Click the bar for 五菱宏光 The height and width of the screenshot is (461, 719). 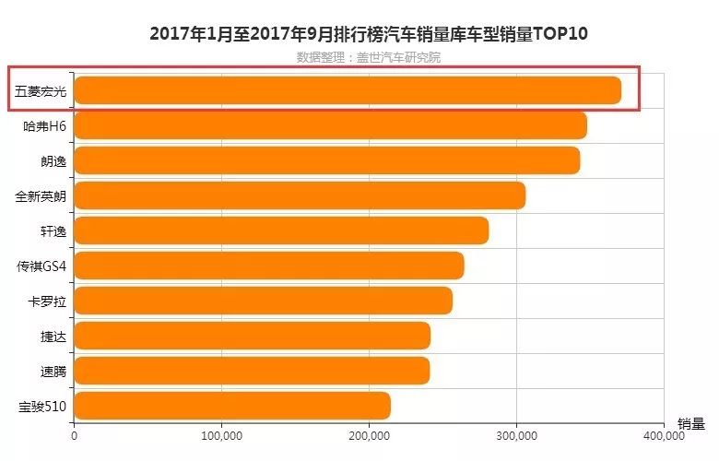[x=348, y=90]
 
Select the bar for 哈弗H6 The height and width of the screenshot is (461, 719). [x=331, y=125]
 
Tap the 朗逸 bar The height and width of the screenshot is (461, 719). [x=327, y=160]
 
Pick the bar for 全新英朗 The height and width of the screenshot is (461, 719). [x=300, y=195]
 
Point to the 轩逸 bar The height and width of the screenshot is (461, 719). [x=281, y=230]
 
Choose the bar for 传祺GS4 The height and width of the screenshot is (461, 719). [x=269, y=266]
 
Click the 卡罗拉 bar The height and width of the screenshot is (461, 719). [x=264, y=301]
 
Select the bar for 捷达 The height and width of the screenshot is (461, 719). [x=253, y=336]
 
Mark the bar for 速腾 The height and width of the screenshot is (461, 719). [x=252, y=371]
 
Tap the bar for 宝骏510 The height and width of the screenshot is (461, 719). [x=232, y=406]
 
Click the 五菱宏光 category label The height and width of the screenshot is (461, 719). [x=41, y=91]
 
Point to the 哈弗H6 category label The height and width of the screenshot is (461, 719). [x=45, y=126]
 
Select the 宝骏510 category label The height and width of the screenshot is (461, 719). [x=42, y=407]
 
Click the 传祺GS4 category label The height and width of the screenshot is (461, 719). [x=41, y=266]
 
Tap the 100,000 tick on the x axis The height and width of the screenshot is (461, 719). [x=222, y=436]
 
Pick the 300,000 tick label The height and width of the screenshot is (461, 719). [x=517, y=436]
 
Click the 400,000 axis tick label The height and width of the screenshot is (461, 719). [x=664, y=436]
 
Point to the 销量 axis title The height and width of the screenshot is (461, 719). [x=691, y=424]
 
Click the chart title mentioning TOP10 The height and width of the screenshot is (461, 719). [x=369, y=34]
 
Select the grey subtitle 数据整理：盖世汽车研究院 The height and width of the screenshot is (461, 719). [x=369, y=57]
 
